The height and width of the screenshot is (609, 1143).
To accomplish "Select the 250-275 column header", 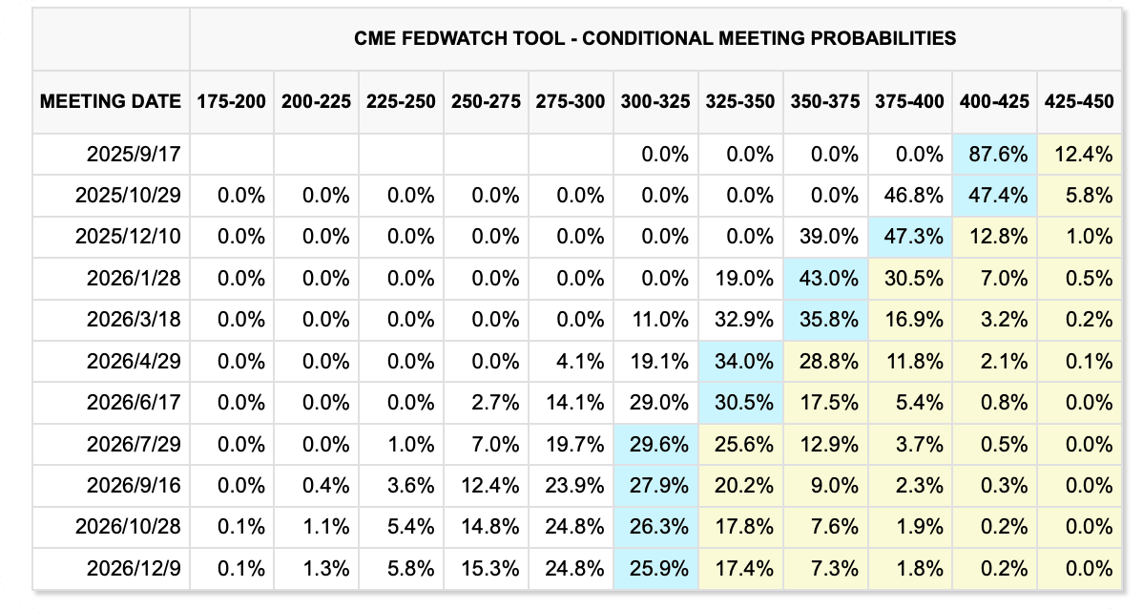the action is pyautogui.click(x=487, y=101).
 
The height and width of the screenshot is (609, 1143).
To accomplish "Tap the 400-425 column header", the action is pyautogui.click(x=994, y=101).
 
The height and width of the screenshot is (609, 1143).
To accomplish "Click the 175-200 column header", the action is pyautogui.click(x=231, y=101).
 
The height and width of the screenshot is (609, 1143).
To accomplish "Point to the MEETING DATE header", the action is pyautogui.click(x=111, y=101).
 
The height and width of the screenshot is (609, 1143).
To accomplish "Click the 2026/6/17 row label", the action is pyautogui.click(x=134, y=403).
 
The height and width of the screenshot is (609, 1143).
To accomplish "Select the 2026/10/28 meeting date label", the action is pyautogui.click(x=128, y=527).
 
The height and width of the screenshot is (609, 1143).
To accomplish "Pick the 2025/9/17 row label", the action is pyautogui.click(x=134, y=155).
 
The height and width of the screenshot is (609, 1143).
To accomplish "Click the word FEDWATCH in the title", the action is pyautogui.click(x=468, y=38).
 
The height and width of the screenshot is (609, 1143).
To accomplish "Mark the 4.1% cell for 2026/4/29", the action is pyautogui.click(x=580, y=361).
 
